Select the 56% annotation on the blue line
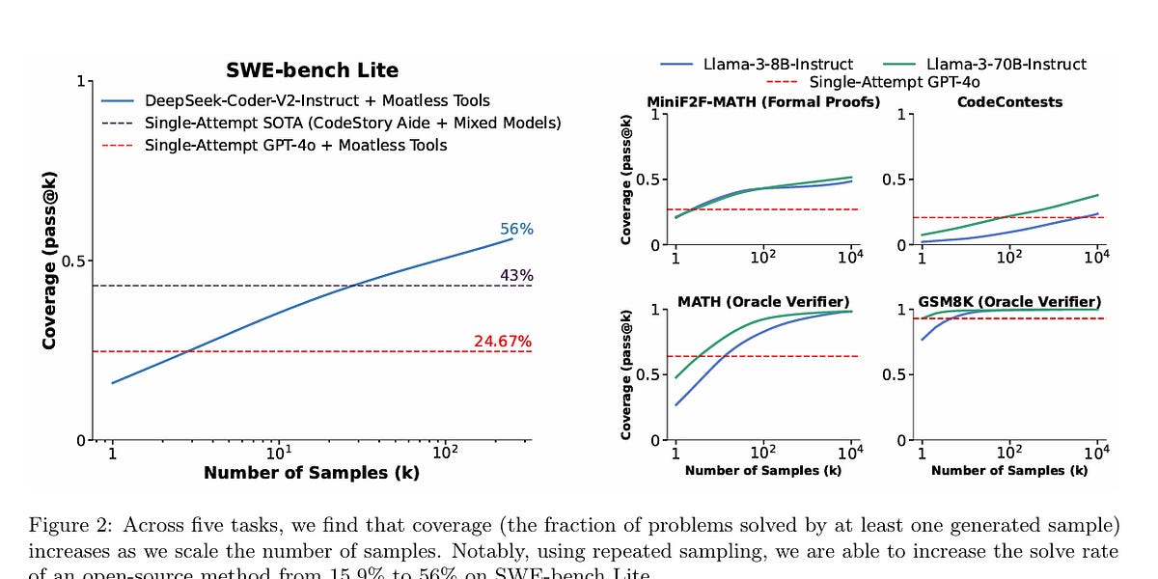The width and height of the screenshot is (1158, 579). tap(516, 230)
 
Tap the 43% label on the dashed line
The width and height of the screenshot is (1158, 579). tap(516, 276)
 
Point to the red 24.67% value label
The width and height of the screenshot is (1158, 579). tap(503, 342)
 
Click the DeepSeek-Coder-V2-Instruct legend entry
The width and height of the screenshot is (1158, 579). tap(317, 100)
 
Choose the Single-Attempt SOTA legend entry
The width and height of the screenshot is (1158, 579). tap(352, 123)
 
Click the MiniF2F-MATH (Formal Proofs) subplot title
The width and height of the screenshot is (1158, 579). tap(763, 101)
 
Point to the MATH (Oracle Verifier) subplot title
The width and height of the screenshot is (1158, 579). tap(763, 302)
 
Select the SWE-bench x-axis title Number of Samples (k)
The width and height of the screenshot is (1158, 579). tap(312, 473)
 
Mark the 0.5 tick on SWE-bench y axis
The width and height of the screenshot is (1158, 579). tap(72, 261)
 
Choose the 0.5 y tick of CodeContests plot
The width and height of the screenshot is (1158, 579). tap(895, 179)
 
